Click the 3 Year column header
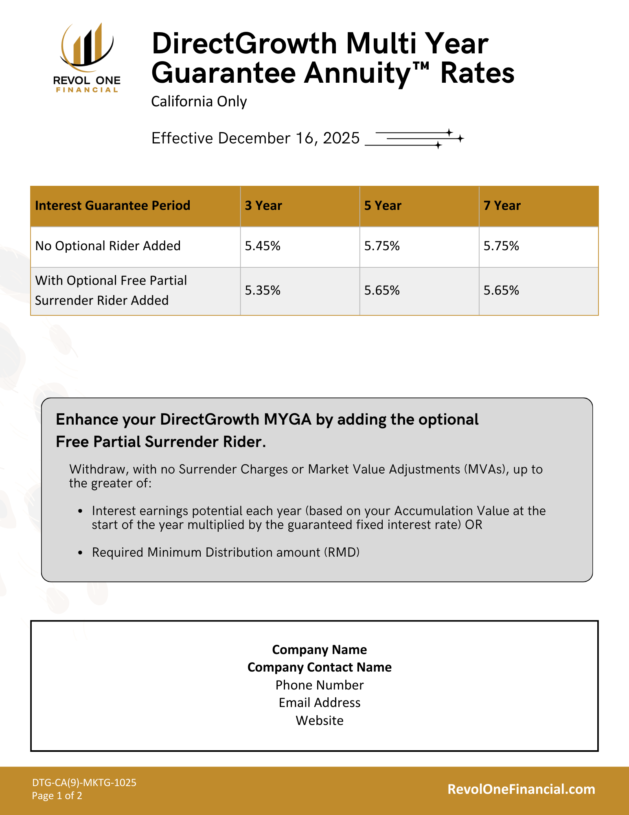point(263,206)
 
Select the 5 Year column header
point(383,206)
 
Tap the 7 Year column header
point(502,206)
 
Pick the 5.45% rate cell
point(263,246)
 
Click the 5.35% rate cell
point(263,291)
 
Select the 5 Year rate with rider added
point(382,291)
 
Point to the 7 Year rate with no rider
point(501,246)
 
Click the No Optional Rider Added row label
point(108,246)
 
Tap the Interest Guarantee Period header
point(112,206)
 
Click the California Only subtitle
point(199,101)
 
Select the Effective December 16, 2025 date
point(255,139)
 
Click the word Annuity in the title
point(362,73)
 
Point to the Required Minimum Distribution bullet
point(226,553)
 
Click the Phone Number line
point(320,685)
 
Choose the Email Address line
point(320,703)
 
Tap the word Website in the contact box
point(320,721)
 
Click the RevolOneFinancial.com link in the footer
point(521,789)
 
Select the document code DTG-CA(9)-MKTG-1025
point(84,782)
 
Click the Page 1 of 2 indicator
point(57,796)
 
